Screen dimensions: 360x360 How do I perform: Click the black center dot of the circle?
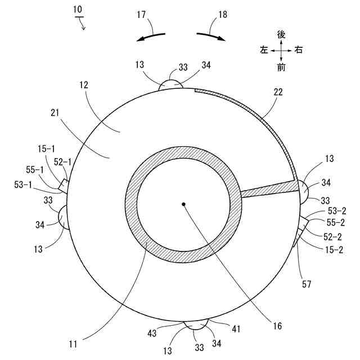point(183,204)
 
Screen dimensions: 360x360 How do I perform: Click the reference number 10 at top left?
point(78,10)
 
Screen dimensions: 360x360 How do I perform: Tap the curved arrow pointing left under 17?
point(151,37)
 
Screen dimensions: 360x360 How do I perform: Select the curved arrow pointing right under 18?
point(211,37)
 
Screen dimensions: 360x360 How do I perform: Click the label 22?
point(278,92)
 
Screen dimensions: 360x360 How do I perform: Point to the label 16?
point(277,326)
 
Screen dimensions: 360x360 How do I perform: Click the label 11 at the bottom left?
point(73,344)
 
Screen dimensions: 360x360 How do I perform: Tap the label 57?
point(306,284)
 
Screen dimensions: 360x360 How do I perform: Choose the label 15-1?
point(46,148)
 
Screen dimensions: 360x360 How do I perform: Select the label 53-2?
point(337,211)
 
